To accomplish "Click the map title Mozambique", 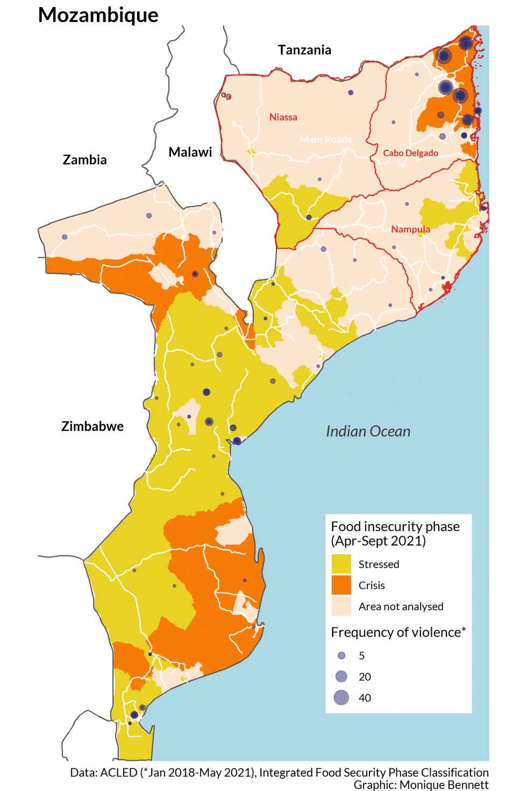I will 98,15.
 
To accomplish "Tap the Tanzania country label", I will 304,50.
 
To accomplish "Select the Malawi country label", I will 190,152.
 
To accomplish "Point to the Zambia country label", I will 84,160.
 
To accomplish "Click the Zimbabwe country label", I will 92,426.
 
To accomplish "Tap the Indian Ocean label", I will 368,432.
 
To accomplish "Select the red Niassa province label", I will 283,117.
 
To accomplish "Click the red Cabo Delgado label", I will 410,153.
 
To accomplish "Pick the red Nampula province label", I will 410,229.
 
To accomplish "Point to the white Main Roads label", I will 326,139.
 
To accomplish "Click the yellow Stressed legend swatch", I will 341,564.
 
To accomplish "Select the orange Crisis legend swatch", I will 341,585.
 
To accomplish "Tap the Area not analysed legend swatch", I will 341,606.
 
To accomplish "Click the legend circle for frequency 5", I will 341,655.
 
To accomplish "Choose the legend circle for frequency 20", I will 341,676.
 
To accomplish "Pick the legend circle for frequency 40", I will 341,697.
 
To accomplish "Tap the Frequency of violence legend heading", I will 398,632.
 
